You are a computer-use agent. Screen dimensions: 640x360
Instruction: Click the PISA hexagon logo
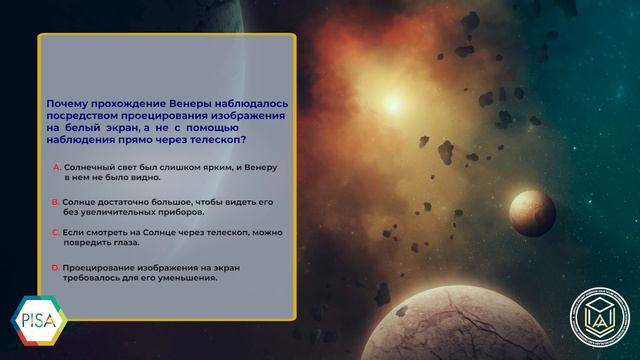39,320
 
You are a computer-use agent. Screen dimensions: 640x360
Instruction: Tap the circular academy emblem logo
600,318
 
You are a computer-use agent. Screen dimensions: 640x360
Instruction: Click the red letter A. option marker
57,167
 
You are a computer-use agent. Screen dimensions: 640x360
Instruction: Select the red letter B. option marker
56,202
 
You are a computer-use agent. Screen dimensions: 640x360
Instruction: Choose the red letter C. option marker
56,233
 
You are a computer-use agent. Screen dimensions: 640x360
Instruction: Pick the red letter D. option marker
56,268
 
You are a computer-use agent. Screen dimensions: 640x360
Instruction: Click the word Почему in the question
67,104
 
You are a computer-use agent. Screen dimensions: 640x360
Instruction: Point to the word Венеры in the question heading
190,104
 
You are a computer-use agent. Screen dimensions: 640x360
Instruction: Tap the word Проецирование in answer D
98,268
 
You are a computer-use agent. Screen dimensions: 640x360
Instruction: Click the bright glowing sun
393,104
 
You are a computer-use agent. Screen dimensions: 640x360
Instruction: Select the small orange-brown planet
532,213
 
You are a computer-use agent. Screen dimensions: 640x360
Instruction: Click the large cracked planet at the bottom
457,323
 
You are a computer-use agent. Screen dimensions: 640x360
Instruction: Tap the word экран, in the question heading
124,128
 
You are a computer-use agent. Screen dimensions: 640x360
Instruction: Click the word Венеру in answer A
261,167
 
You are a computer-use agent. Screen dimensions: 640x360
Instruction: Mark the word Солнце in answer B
78,202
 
